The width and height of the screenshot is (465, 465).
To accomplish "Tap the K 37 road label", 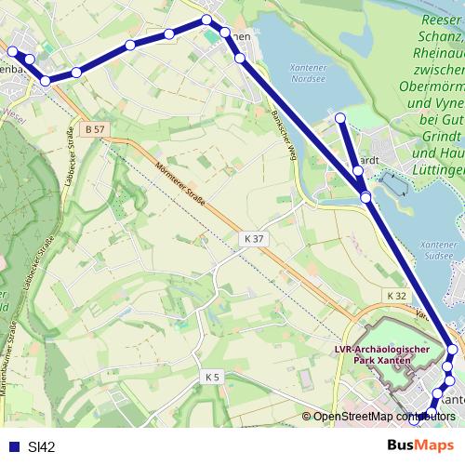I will click(254, 239).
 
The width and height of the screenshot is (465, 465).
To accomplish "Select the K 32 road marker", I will click(397, 296).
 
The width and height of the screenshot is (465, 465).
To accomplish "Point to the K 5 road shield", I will click(213, 377).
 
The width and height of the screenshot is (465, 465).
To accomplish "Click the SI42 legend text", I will click(42, 446).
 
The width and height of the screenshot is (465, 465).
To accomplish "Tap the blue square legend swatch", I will click(12, 446).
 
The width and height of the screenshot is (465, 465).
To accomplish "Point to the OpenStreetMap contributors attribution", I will click(383, 416).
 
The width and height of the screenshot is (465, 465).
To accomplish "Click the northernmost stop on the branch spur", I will click(340, 117).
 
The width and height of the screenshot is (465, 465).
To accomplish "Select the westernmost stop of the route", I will click(12, 52).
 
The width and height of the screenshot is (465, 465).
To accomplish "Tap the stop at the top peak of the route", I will click(207, 20).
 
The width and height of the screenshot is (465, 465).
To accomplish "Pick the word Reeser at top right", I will click(442, 20).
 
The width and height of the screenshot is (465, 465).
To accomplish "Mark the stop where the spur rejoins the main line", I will click(366, 197).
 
